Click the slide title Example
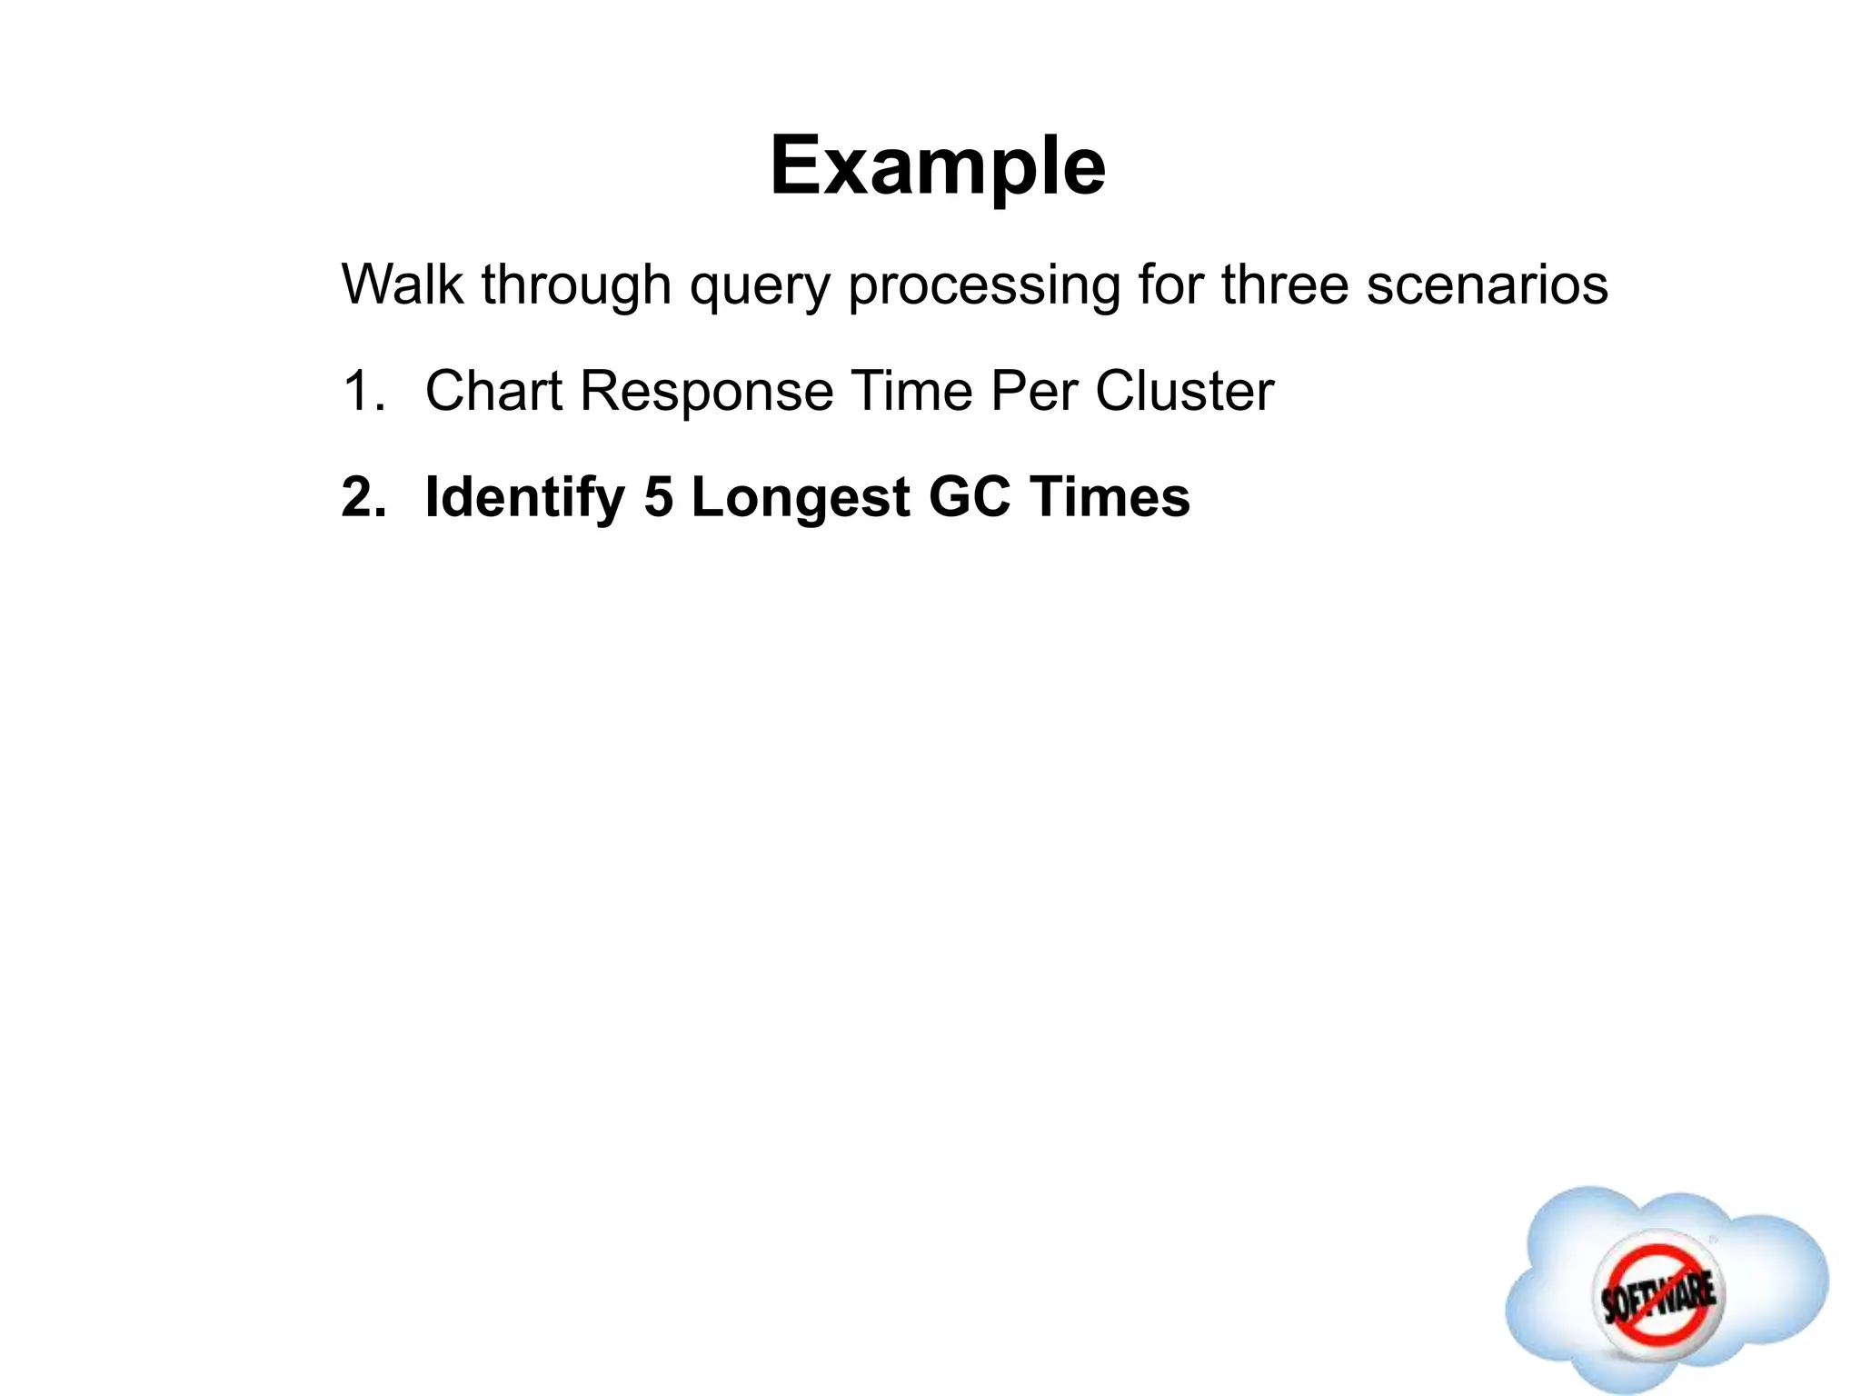pyautogui.click(x=937, y=166)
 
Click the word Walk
pyautogui.click(x=402, y=284)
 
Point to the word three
pyautogui.click(x=1285, y=284)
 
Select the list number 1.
pyautogui.click(x=362, y=392)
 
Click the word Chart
pyautogui.click(x=493, y=392)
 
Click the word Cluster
pyautogui.click(x=1184, y=392)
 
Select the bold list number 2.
pyautogui.click(x=363, y=498)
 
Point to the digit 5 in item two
pyautogui.click(x=658, y=498)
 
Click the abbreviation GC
pyautogui.click(x=970, y=498)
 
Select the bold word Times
pyautogui.click(x=1110, y=498)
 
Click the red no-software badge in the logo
pyautogui.click(x=1657, y=1291)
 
